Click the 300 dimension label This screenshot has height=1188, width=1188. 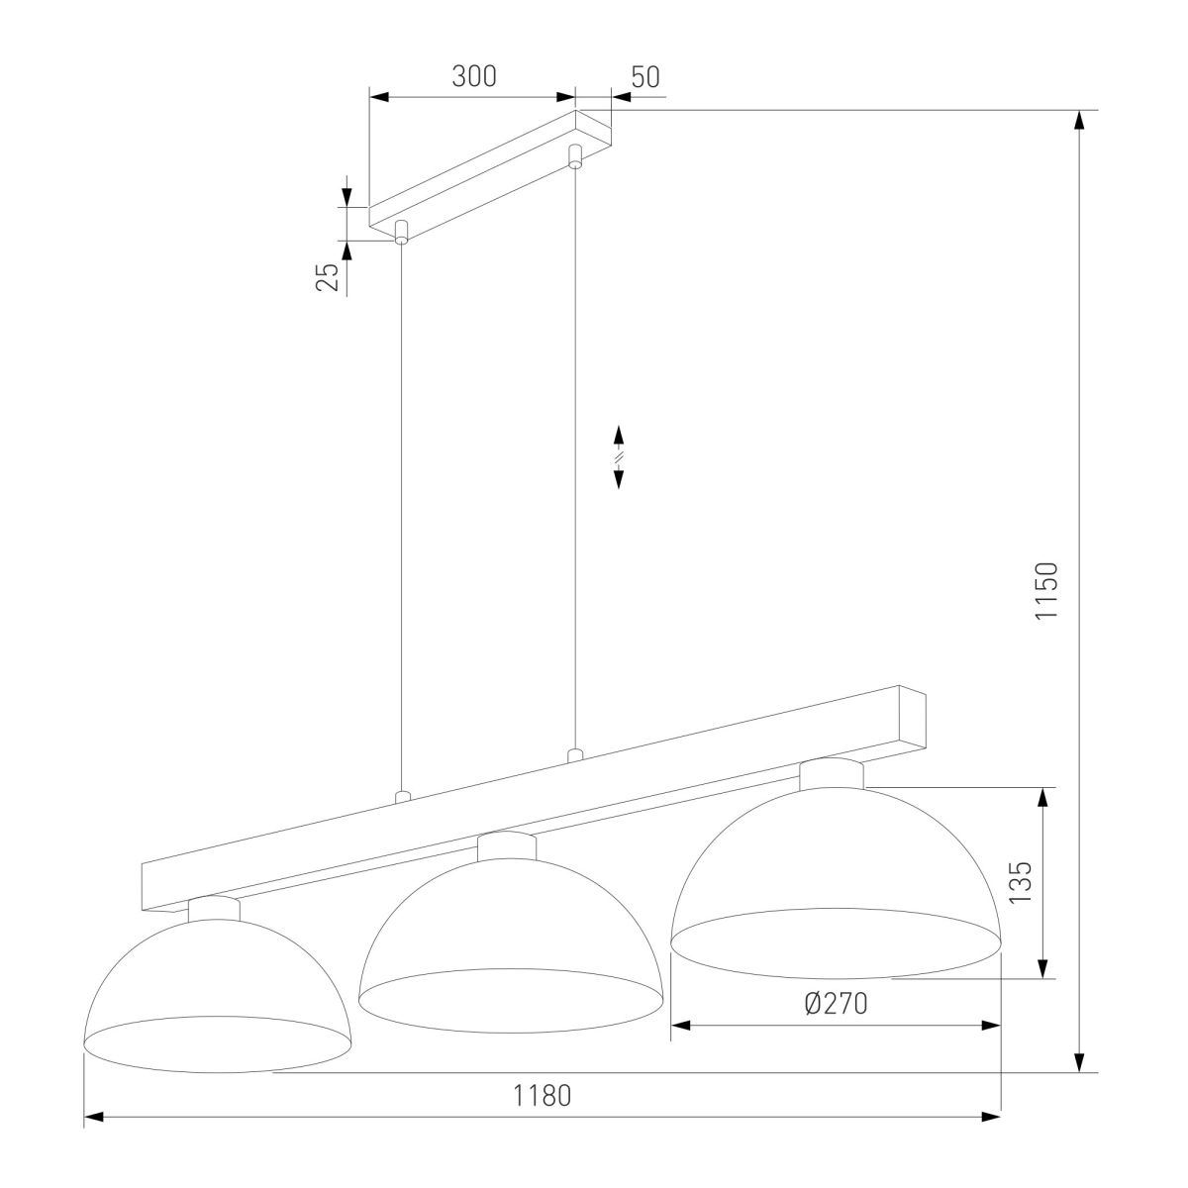coord(473,76)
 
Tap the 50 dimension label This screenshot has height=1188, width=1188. coord(645,77)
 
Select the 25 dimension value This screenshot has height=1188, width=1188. coord(328,277)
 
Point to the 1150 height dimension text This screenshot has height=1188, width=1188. coord(1046,590)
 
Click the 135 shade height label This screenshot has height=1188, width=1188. coord(1021,882)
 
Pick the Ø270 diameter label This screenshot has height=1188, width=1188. coord(836,1004)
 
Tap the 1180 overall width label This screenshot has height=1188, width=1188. coord(543,1096)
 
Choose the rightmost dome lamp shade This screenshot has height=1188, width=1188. coord(836,863)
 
